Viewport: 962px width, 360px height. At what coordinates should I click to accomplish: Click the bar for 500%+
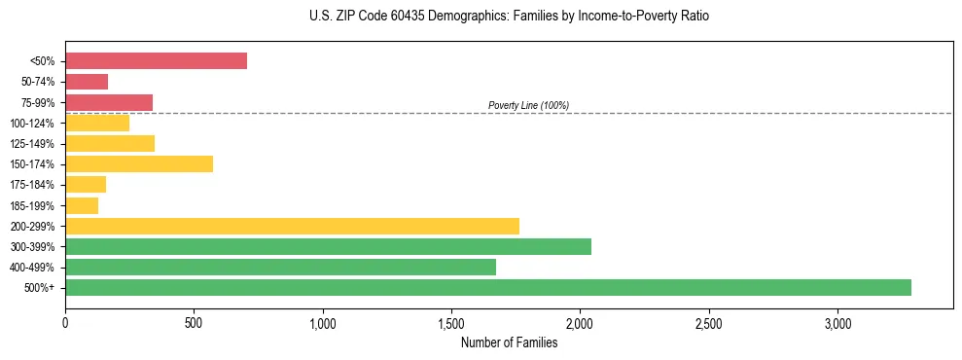pyautogui.click(x=488, y=287)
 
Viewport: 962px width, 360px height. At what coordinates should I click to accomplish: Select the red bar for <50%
pyautogui.click(x=156, y=61)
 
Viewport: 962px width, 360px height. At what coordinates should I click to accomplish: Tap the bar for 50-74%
pyautogui.click(x=87, y=82)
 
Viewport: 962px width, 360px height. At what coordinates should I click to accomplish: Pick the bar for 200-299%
pyautogui.click(x=292, y=226)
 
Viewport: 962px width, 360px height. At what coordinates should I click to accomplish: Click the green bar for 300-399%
pyautogui.click(x=328, y=246)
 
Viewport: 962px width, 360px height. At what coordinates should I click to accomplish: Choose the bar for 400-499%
pyautogui.click(x=280, y=267)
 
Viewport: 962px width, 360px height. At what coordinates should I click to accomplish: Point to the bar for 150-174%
pyautogui.click(x=139, y=163)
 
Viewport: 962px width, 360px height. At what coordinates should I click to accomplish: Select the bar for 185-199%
pyautogui.click(x=82, y=205)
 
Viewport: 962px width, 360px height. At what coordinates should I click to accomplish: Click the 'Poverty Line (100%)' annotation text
pyautogui.click(x=528, y=105)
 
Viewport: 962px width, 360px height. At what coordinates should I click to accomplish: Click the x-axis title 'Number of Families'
pyautogui.click(x=509, y=342)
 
